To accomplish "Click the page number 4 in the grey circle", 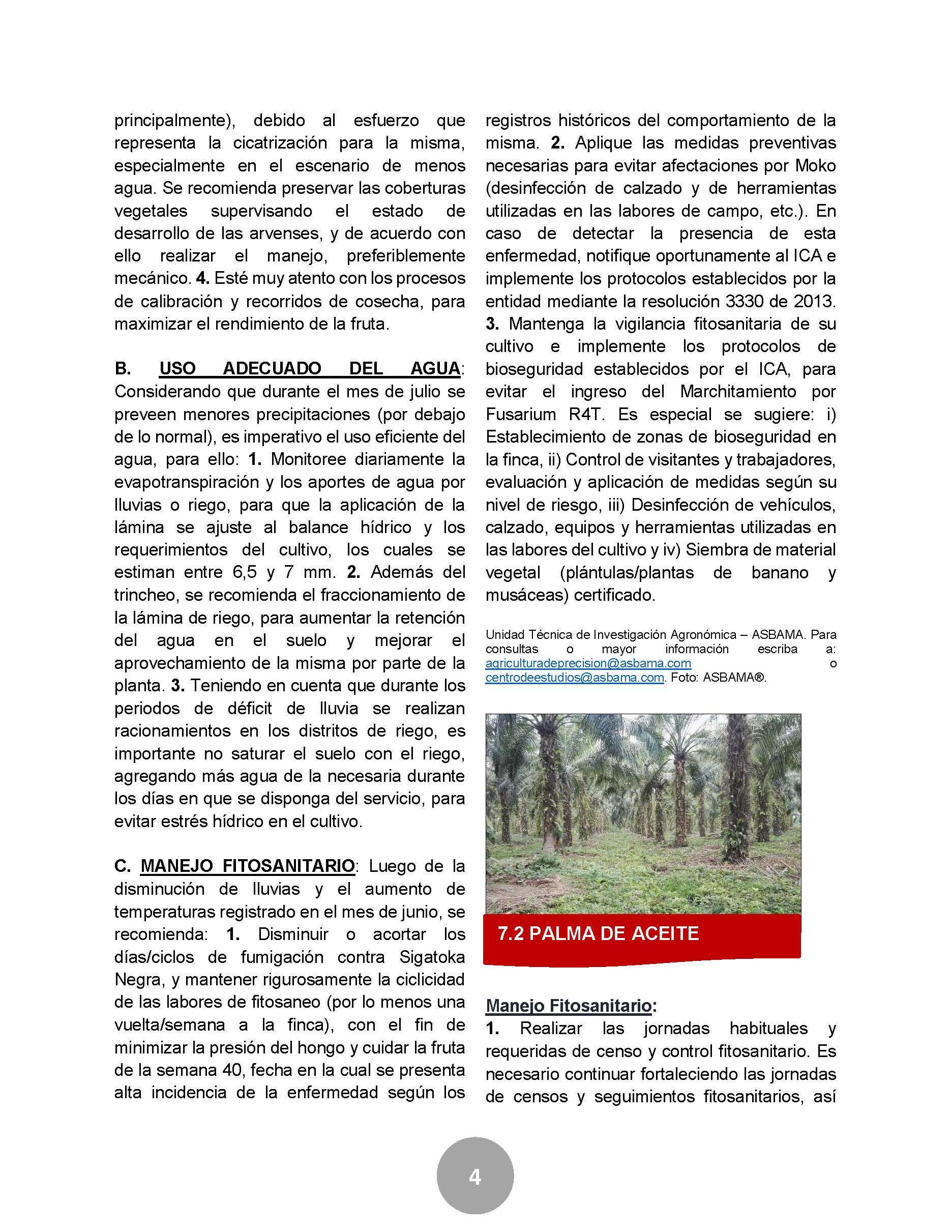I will click(x=475, y=1178).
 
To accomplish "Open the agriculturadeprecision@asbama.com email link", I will click(x=588, y=663).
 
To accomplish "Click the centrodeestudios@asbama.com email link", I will click(x=575, y=678).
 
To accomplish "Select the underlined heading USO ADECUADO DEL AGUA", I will click(x=309, y=369).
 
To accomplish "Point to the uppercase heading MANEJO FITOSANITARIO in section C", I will click(x=247, y=866).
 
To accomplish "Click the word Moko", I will click(x=816, y=166).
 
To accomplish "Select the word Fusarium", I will click(x=518, y=414).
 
